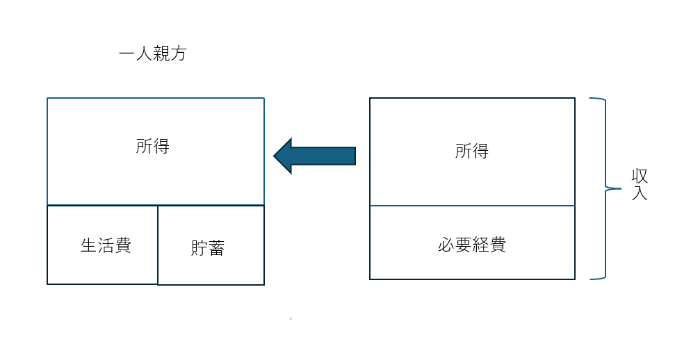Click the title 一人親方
pos(152,54)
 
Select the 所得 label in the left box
pos(153,147)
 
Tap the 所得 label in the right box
pos(472,151)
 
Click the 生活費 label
pos(106,245)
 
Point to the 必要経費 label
pos(472,245)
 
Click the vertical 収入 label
pos(640,184)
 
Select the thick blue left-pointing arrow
pos(315,156)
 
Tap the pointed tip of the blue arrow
pos(274,156)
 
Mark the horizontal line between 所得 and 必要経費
pos(472,206)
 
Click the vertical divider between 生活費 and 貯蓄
pos(158,245)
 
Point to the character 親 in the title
pos(161,54)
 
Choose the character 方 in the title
pos(178,54)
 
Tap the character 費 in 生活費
pos(123,245)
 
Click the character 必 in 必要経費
pos(446,245)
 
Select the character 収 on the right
pos(640,176)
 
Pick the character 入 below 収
pos(640,193)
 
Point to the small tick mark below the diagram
pos(291,319)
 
